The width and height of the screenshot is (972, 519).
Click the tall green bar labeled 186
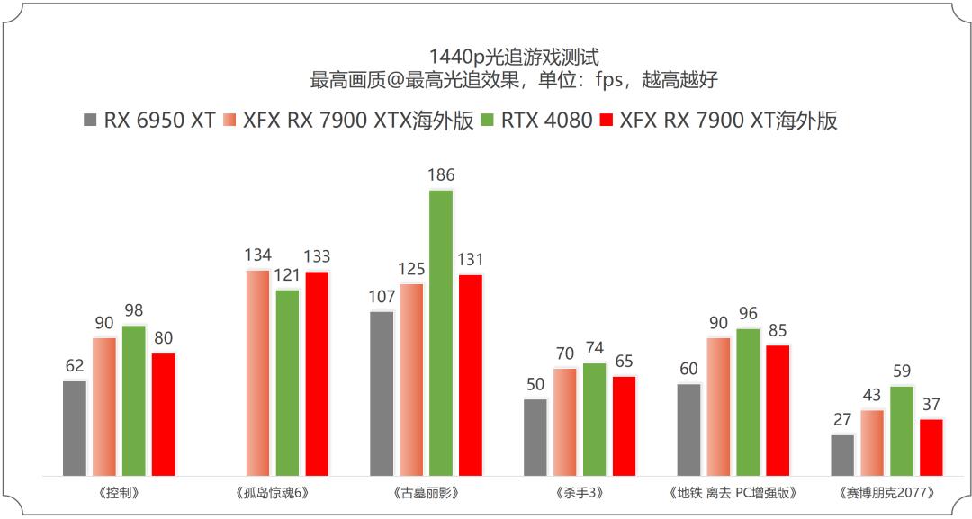(441, 333)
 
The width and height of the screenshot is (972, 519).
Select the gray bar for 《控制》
(75, 428)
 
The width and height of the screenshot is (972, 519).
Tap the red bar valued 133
(318, 373)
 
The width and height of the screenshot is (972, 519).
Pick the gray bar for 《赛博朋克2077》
(842, 455)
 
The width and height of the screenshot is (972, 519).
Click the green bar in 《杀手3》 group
(595, 419)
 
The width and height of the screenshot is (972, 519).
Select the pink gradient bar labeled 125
(411, 380)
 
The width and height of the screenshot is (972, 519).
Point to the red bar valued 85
(778, 410)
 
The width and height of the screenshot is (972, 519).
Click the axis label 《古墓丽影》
(426, 493)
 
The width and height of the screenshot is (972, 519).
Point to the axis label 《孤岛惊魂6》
(273, 493)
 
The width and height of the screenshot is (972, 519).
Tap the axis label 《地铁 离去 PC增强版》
(733, 493)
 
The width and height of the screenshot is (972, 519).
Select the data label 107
(382, 296)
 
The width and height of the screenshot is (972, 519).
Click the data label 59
(902, 371)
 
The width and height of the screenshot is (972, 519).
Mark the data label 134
(258, 255)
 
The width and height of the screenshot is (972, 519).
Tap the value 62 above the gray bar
(75, 365)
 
